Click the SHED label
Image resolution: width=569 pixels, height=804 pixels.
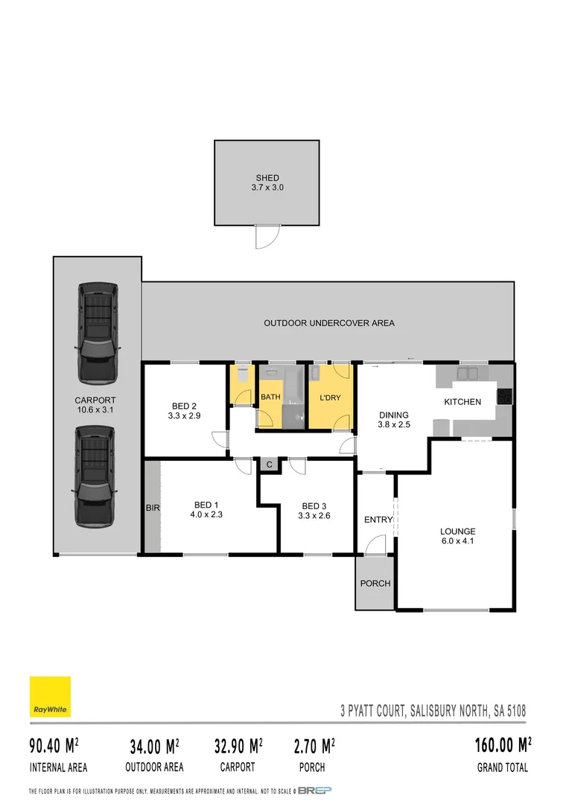[267, 178]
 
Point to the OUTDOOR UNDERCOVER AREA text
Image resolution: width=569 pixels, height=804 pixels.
[329, 323]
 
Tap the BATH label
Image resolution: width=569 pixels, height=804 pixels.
[270, 398]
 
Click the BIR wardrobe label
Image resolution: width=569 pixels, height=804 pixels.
[152, 508]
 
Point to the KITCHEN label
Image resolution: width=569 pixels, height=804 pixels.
[462, 402]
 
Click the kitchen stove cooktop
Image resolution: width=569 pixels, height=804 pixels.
[505, 397]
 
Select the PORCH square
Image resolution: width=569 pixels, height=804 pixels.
[375, 583]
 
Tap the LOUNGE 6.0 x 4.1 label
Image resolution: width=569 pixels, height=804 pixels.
[457, 536]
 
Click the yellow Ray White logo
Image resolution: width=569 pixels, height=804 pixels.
[50, 697]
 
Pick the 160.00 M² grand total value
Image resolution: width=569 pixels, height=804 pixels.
[503, 745]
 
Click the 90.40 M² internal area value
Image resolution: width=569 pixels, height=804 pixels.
[54, 745]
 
